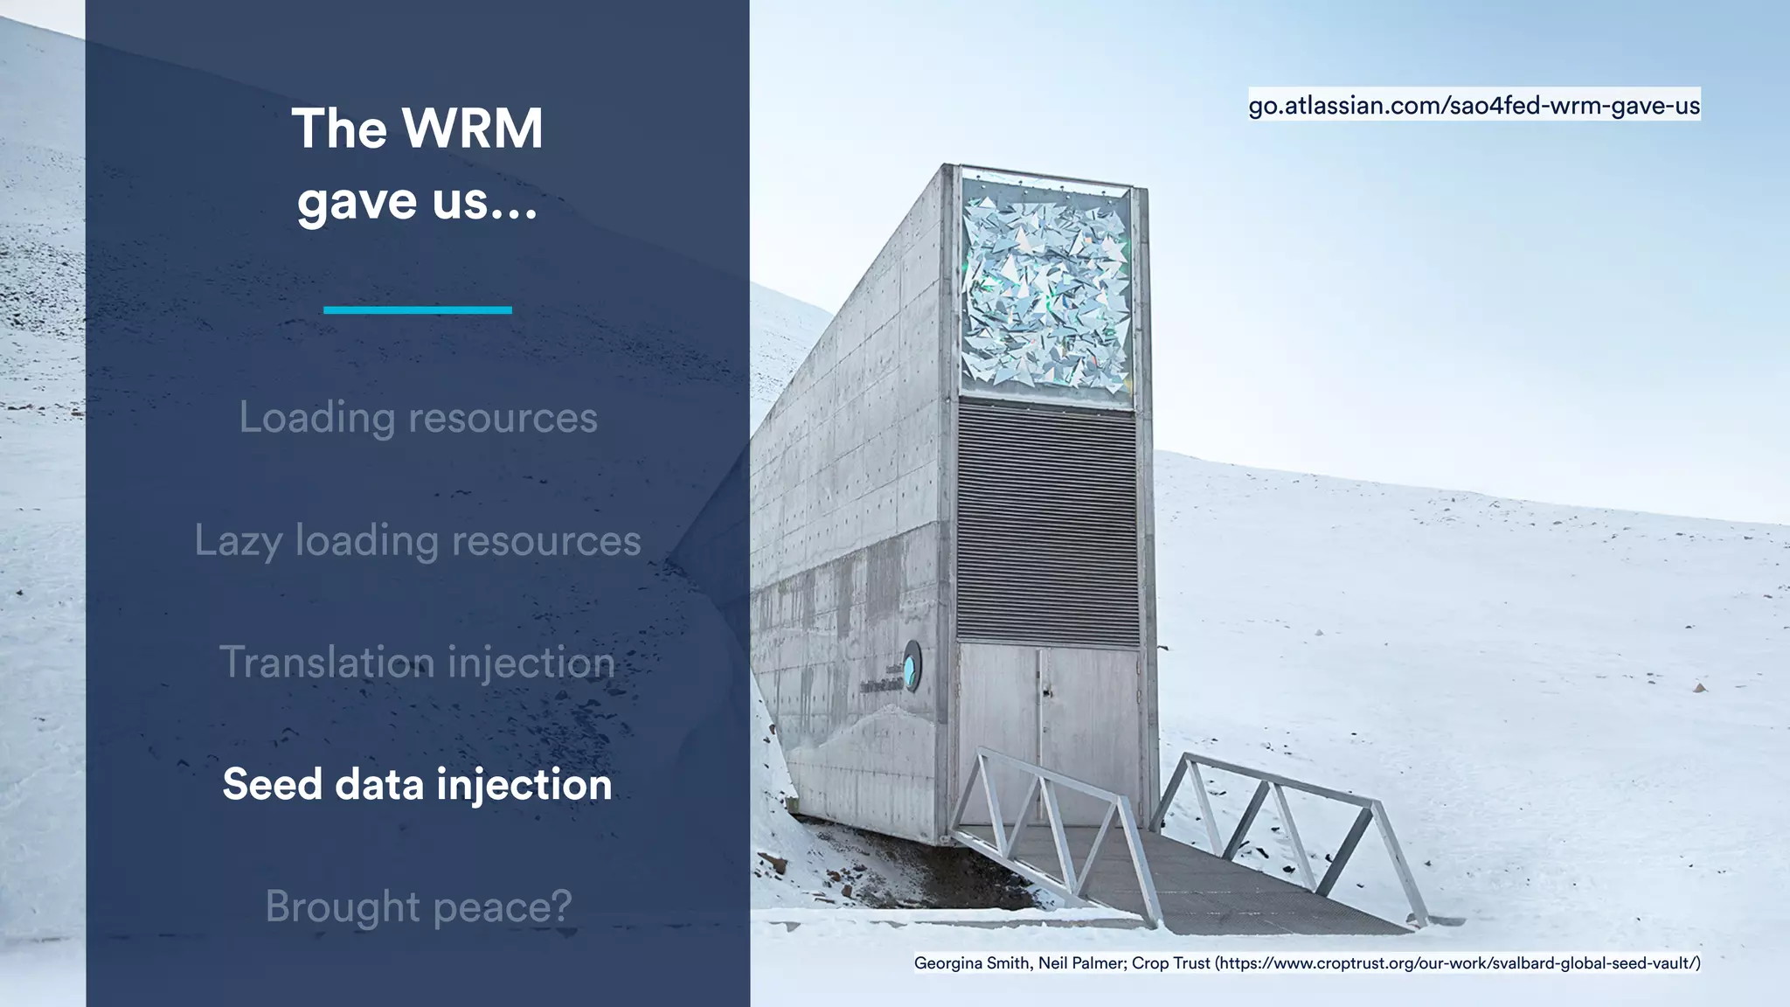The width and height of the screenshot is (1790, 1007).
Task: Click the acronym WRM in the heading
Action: pyautogui.click(x=472, y=129)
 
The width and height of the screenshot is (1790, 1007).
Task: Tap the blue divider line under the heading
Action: pyautogui.click(x=417, y=309)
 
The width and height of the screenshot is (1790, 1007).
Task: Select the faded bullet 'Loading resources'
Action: pyautogui.click(x=418, y=418)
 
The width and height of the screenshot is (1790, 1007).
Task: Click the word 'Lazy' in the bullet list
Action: pyautogui.click(x=238, y=541)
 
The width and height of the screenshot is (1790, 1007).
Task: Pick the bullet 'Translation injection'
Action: pyautogui.click(x=417, y=663)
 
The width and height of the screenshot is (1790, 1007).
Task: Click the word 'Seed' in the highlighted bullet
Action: pyautogui.click(x=272, y=784)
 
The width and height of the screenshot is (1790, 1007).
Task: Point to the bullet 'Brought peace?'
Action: pyautogui.click(x=418, y=906)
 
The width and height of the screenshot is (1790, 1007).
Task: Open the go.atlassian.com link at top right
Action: pyautogui.click(x=1474, y=106)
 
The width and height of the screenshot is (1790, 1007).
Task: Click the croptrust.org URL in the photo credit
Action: pyautogui.click(x=1457, y=963)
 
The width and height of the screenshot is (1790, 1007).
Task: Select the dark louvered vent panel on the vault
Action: pyautogui.click(x=1047, y=523)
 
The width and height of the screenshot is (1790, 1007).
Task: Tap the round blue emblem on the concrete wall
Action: pyautogui.click(x=912, y=666)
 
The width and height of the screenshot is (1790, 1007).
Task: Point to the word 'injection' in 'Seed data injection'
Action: pyautogui.click(x=524, y=784)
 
